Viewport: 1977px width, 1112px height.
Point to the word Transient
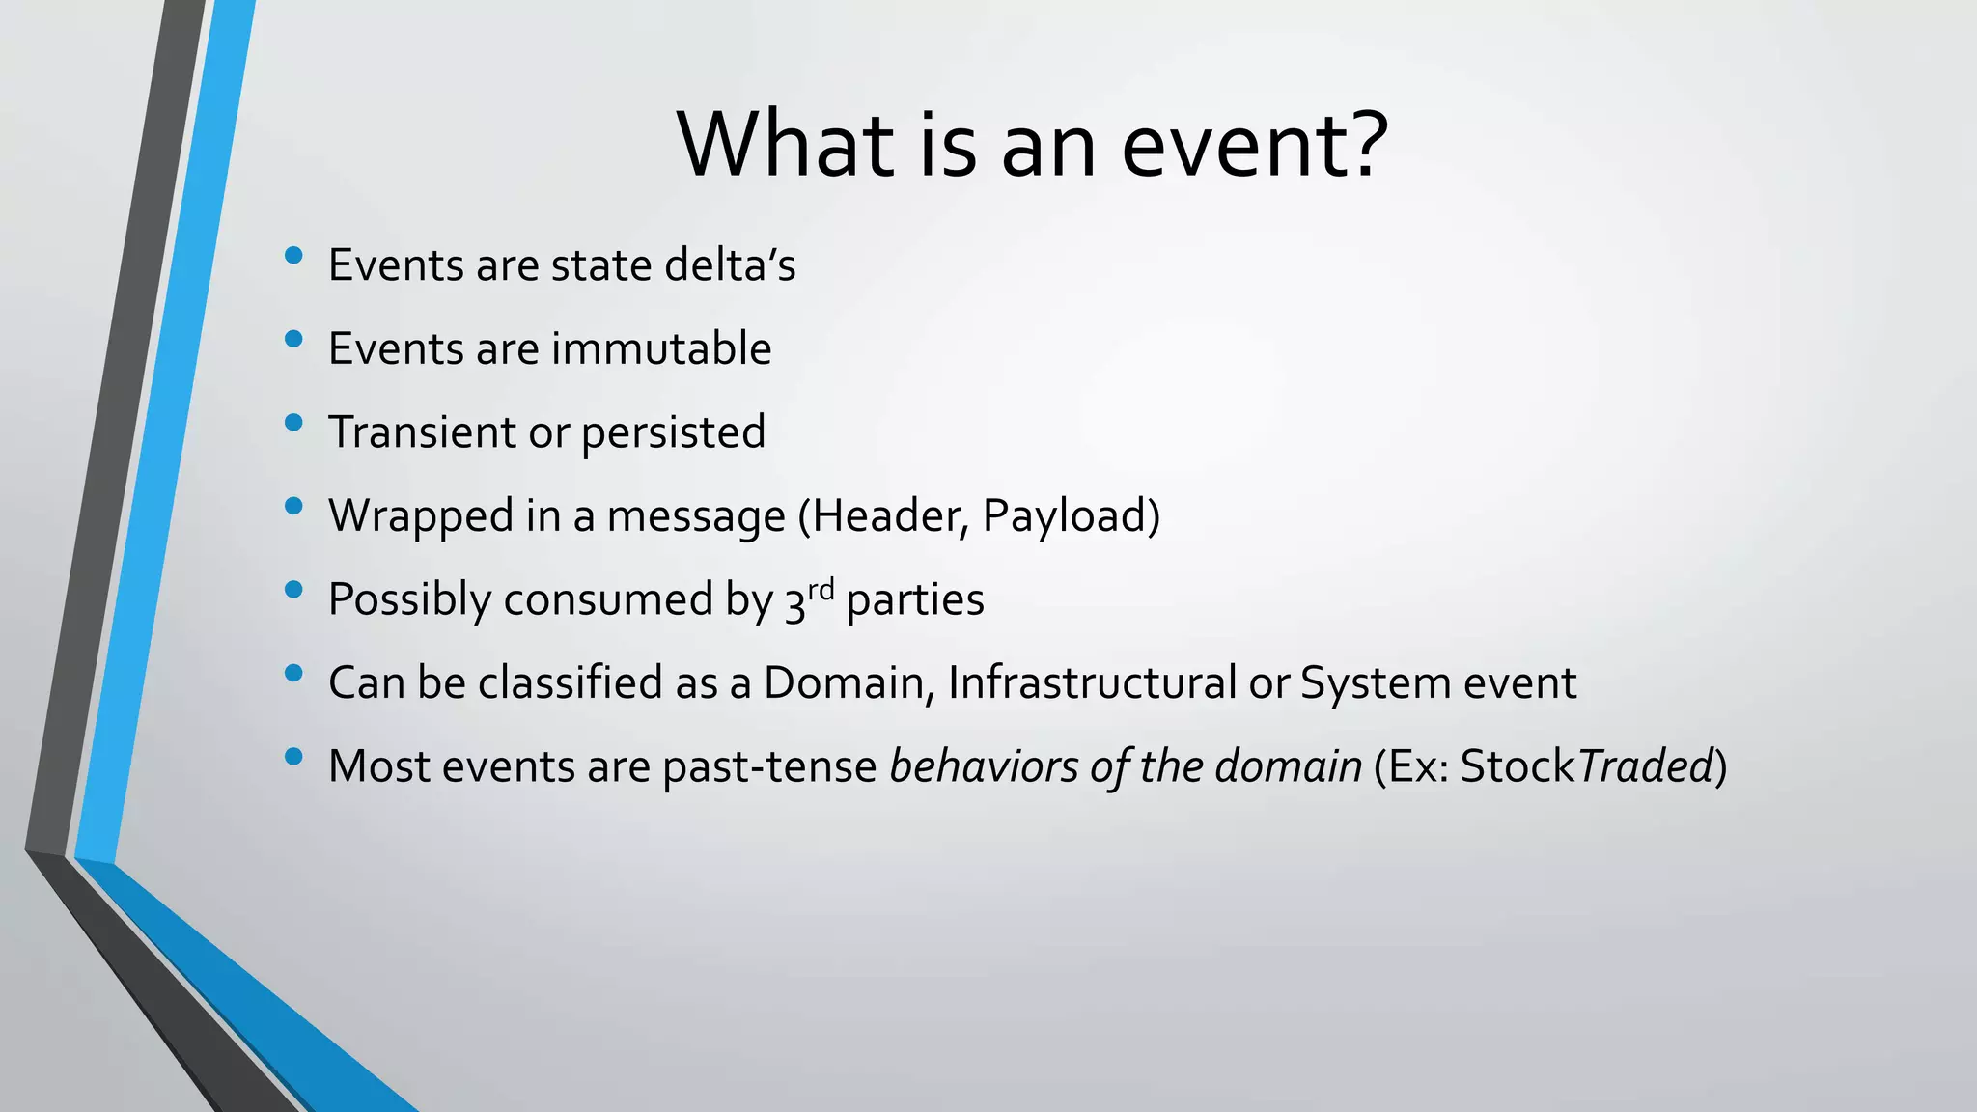click(422, 432)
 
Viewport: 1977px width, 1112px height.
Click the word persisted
click(673, 432)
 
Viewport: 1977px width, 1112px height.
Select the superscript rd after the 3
click(821, 589)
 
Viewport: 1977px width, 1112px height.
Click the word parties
click(915, 600)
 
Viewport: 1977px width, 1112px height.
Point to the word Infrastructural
click(1092, 683)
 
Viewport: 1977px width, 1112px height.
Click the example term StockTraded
click(1585, 767)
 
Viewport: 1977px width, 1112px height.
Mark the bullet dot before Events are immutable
click(294, 339)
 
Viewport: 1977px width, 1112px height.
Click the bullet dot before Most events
click(294, 757)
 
